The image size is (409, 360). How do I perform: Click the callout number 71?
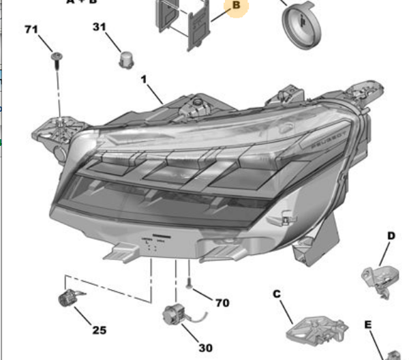[31, 29]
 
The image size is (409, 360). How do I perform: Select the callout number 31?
[100, 27]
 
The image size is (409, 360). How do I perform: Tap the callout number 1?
[144, 80]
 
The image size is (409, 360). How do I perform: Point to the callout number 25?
[100, 330]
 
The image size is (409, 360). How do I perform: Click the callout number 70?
[222, 303]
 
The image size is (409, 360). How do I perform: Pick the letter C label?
[277, 294]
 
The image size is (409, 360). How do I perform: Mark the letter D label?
[391, 236]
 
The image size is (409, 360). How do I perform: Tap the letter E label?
[367, 325]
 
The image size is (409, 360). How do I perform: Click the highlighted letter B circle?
[236, 6]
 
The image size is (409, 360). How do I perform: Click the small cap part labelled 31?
[126, 59]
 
